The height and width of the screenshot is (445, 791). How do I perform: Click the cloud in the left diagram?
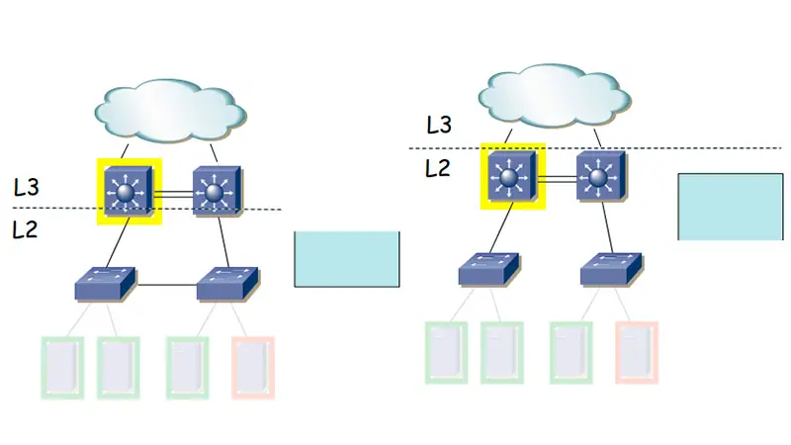(170, 110)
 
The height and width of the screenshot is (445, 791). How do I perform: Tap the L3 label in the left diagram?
(27, 186)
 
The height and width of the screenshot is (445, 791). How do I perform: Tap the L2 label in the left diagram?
(27, 230)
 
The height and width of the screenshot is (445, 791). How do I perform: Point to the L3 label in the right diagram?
(439, 125)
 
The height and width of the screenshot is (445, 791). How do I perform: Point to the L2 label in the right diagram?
(438, 167)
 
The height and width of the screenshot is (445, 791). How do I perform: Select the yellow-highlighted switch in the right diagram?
(512, 175)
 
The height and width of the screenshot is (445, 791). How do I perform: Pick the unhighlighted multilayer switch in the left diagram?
(216, 189)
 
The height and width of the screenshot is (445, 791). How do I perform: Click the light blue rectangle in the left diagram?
(347, 259)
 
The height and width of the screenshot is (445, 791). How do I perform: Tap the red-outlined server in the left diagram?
(253, 367)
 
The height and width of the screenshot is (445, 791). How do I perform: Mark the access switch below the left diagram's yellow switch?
(106, 285)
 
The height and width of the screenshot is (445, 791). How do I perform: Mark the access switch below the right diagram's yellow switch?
(489, 270)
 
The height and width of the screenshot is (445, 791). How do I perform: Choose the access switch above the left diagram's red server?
(228, 285)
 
